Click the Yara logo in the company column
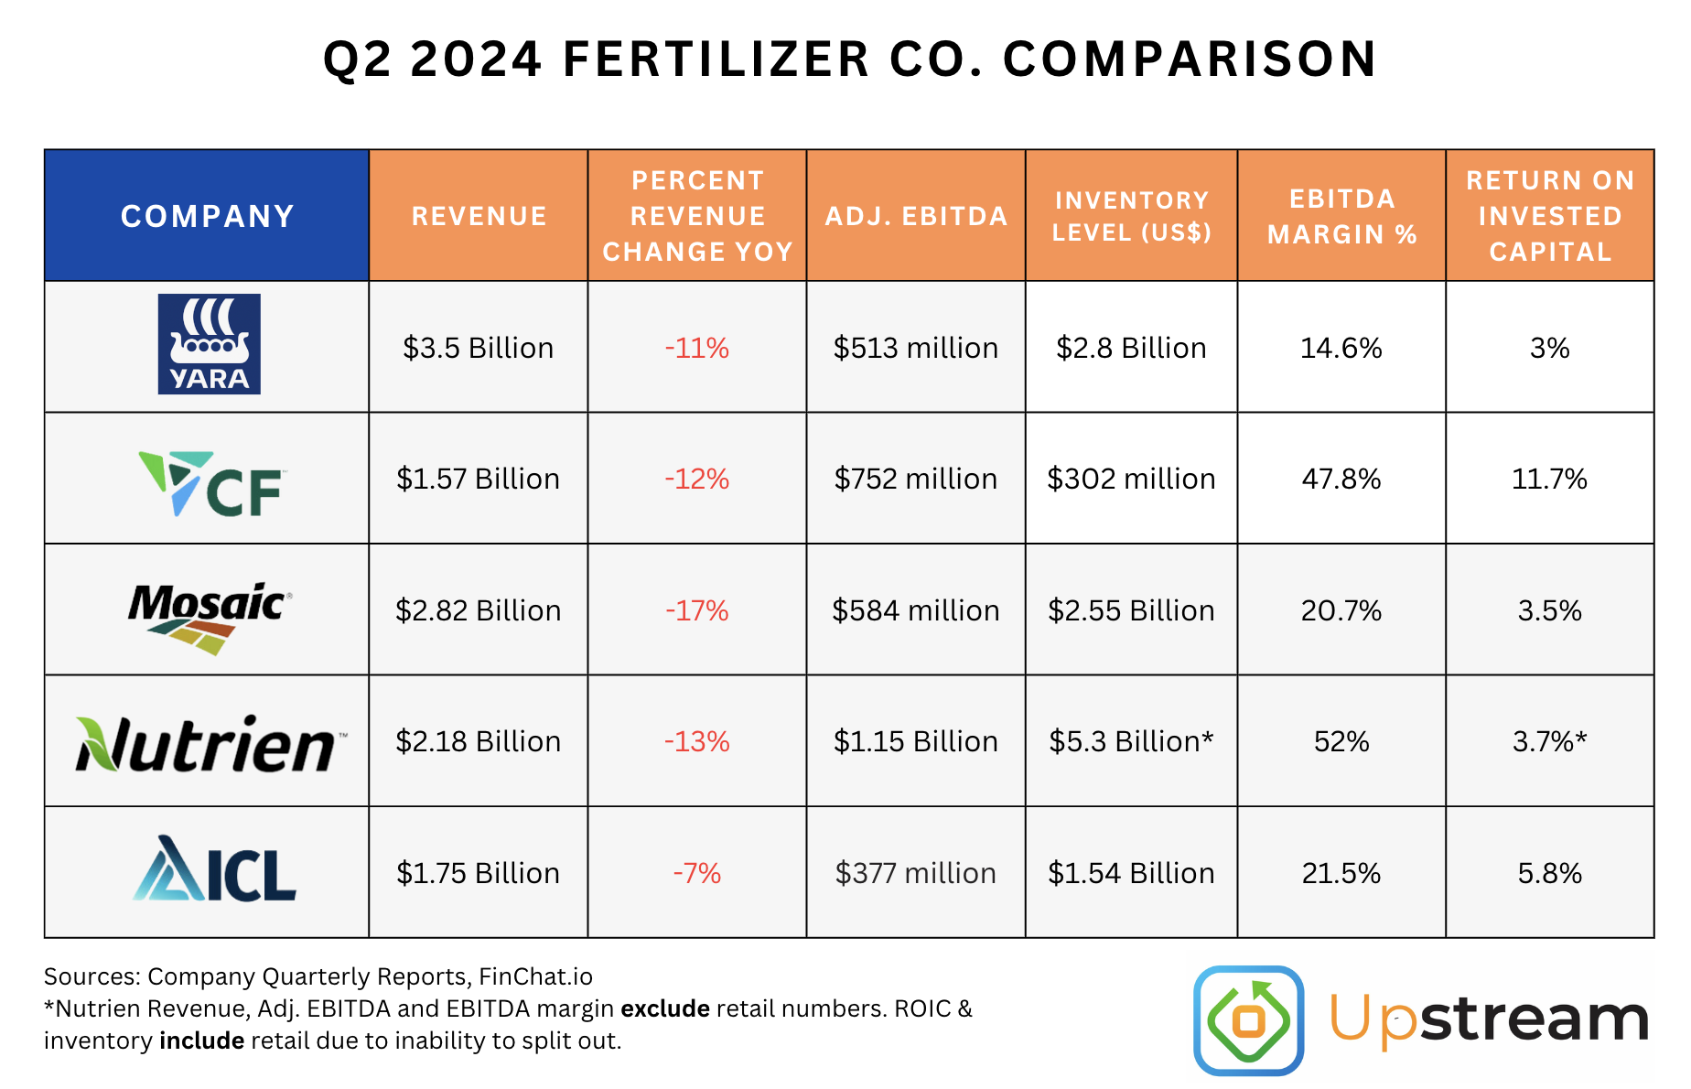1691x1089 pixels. pos(209,344)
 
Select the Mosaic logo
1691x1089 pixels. pos(210,617)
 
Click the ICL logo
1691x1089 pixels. pos(215,869)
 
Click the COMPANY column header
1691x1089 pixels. pos(207,216)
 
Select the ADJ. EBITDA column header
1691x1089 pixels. pos(916,216)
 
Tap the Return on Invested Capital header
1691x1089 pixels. pos(1549,216)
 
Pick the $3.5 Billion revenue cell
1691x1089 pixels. pos(478,348)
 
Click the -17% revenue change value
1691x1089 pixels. pos(696,610)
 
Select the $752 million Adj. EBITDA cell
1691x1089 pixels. pos(915,479)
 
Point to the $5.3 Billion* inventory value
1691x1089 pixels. pos(1131,741)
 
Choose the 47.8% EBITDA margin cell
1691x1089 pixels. pos(1341,479)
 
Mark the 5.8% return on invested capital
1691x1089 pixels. pos(1549,873)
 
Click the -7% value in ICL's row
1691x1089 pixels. pos(696,873)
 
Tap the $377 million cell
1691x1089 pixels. pos(915,873)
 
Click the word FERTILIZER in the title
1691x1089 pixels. pos(716,59)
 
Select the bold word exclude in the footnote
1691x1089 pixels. pos(665,1008)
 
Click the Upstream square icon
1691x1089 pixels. pos(1248,1019)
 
